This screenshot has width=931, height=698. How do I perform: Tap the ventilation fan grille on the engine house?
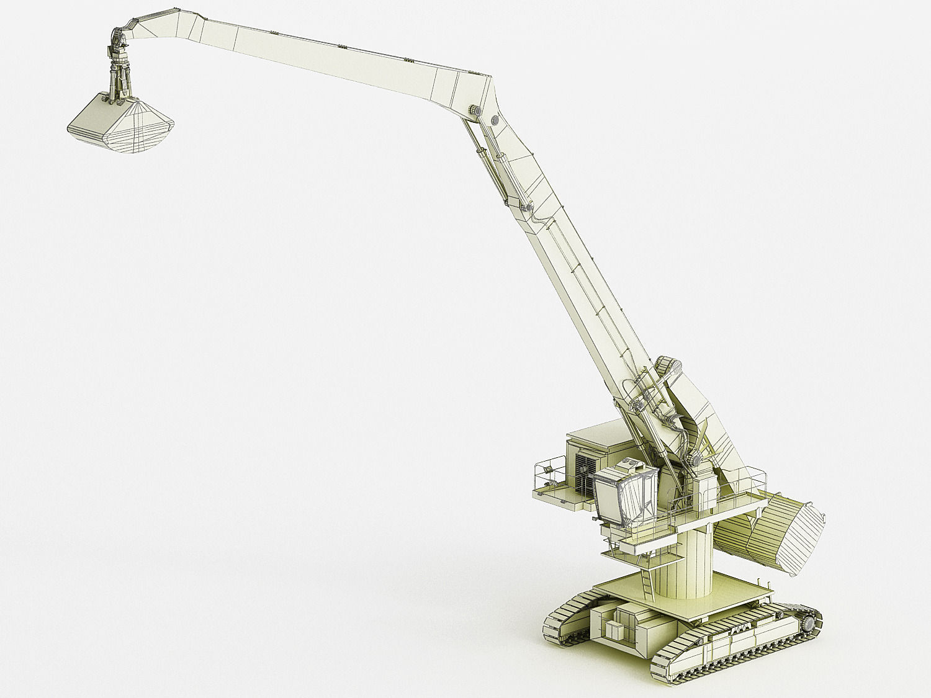[x=585, y=473]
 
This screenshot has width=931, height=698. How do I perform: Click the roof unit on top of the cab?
[x=629, y=464]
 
